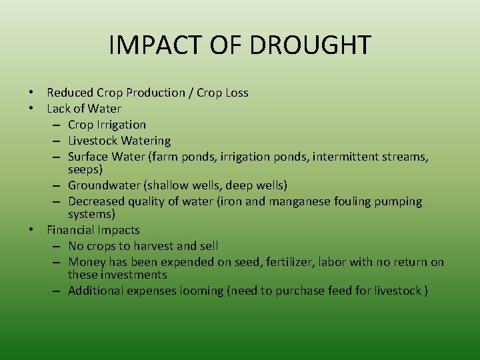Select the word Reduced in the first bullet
(70, 93)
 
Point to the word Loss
(235, 93)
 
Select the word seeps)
(85, 170)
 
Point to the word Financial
(70, 230)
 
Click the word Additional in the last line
(95, 291)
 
